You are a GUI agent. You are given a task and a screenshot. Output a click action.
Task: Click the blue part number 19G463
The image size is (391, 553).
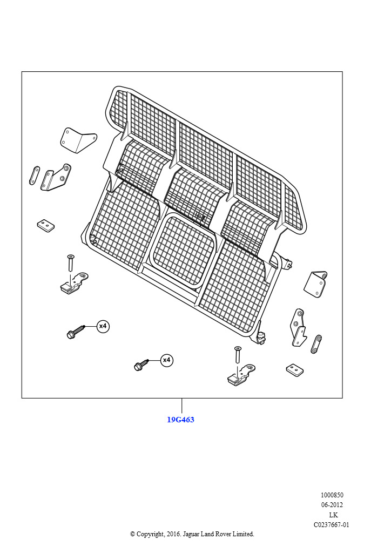pyautogui.click(x=180, y=420)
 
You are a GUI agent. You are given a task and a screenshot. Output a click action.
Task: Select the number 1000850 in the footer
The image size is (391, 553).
pyautogui.click(x=332, y=495)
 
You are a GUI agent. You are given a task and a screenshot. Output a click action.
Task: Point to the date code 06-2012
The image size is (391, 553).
pyautogui.click(x=332, y=505)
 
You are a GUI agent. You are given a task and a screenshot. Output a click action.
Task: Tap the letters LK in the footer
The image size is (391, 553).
pyautogui.click(x=333, y=515)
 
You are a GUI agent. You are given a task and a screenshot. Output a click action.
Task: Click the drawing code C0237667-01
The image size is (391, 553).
pyautogui.click(x=332, y=525)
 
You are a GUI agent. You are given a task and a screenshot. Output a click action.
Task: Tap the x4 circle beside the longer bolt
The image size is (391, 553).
pyautogui.click(x=103, y=326)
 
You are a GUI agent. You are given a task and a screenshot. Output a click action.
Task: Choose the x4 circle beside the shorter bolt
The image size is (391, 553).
pyautogui.click(x=166, y=360)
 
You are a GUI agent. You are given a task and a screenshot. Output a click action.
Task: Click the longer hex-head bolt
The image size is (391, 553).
pyautogui.click(x=76, y=332)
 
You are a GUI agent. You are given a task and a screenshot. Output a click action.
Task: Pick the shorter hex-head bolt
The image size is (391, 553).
pyautogui.click(x=141, y=365)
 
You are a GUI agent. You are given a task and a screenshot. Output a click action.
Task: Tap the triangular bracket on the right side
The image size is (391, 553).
pyautogui.click(x=316, y=283)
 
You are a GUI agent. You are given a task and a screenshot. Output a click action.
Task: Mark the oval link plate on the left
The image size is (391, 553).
pyautogui.click(x=33, y=176)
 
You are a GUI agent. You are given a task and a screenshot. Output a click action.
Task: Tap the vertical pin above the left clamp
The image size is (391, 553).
pyautogui.click(x=70, y=263)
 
